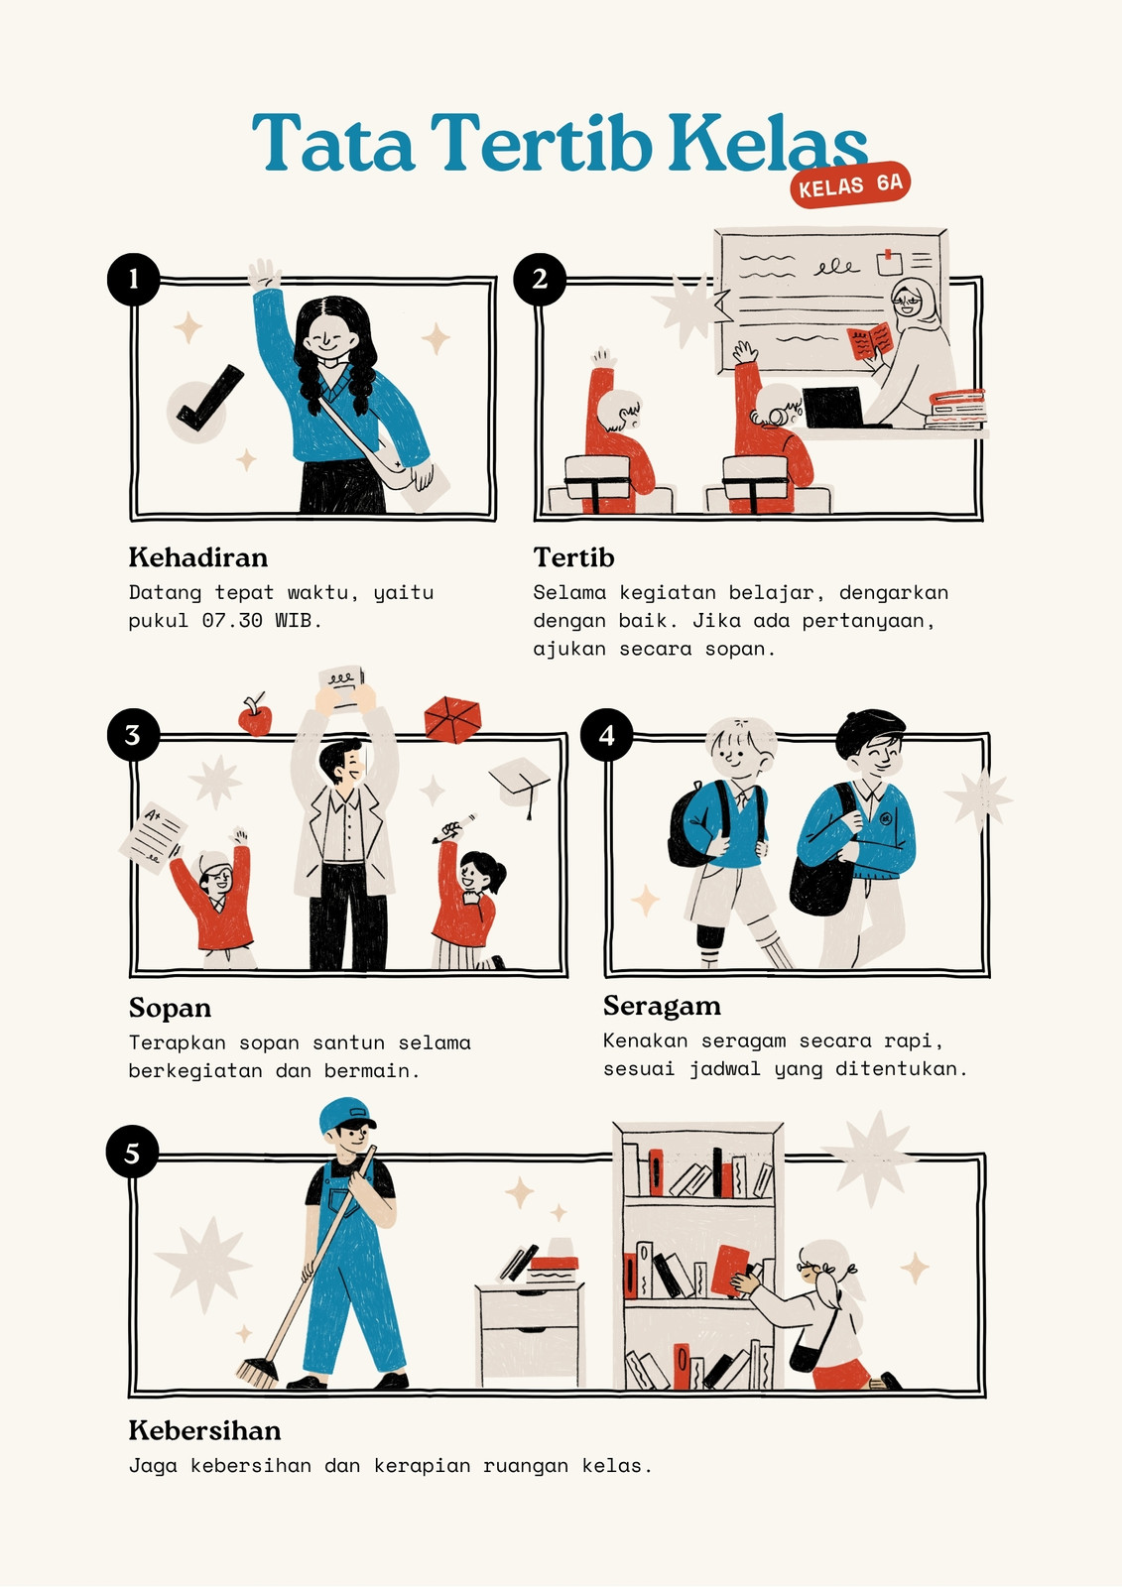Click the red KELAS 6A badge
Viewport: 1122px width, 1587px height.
click(850, 184)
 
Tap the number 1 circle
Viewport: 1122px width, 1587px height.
click(133, 279)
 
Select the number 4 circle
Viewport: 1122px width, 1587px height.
click(607, 735)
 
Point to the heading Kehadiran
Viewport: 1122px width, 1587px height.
click(198, 557)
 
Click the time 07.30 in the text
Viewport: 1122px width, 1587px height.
click(232, 621)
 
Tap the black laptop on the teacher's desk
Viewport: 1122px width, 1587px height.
click(835, 408)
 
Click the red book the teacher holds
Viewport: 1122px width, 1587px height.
click(870, 341)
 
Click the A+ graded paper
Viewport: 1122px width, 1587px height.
click(153, 837)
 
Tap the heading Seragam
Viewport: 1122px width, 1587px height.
click(662, 1006)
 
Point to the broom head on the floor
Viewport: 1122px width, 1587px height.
click(257, 1373)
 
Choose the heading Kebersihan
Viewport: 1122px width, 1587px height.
click(204, 1431)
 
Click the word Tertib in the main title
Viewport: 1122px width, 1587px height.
click(541, 143)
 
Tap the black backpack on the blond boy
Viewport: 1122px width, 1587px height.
click(693, 824)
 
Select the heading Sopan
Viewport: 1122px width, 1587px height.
click(170, 1008)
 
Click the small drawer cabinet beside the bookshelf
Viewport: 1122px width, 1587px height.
click(531, 1333)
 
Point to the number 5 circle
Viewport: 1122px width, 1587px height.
click(133, 1152)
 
